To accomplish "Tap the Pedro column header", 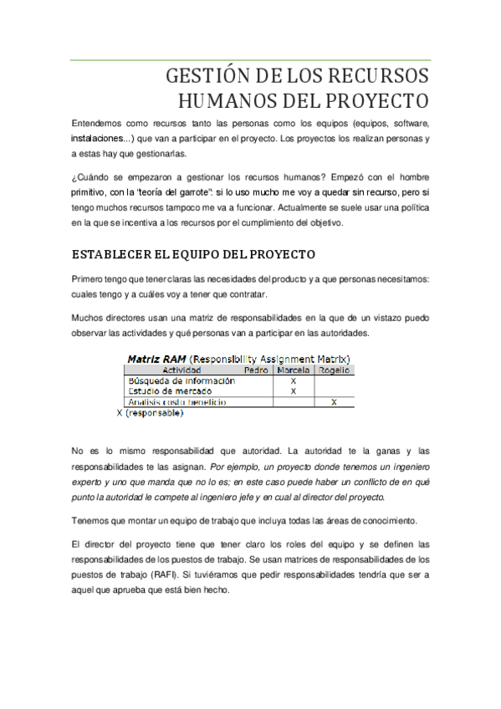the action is pos(255,369).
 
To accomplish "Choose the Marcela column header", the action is pos(293,369).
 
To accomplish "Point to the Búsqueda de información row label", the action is pos(181,380).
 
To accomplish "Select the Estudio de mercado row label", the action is pos(169,390).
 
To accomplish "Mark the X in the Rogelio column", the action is pos(334,402).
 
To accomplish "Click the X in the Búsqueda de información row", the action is pos(293,380).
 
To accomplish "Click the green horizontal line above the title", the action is pos(250,60).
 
